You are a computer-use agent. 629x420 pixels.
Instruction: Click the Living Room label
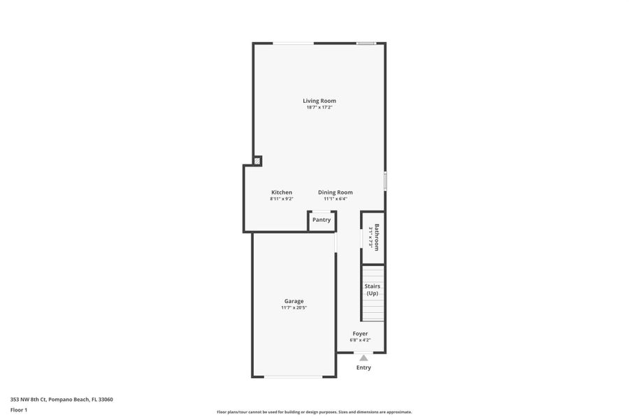[319, 101]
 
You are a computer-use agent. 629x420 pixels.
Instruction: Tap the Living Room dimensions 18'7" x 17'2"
[319, 108]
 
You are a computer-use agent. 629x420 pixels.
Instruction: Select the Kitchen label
[282, 192]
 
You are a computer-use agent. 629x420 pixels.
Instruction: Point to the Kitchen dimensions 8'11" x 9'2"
[282, 199]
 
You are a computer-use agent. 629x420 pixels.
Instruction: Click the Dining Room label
[335, 192]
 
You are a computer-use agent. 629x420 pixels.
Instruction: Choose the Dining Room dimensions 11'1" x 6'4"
[335, 199]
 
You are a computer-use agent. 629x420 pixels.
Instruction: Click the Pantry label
[321, 220]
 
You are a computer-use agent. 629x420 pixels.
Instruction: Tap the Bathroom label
[377, 237]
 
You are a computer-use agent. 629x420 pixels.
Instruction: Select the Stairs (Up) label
[373, 290]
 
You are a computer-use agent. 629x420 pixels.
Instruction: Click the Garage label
[294, 301]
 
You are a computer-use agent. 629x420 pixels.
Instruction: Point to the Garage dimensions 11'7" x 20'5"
[294, 308]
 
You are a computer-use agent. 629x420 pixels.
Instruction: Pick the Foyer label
[360, 334]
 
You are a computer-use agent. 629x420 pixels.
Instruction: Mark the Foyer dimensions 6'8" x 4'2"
[360, 340]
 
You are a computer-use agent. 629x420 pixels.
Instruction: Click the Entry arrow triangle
[363, 358]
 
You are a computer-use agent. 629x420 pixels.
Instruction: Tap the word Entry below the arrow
[363, 367]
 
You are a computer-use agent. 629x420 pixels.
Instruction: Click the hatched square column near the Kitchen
[257, 161]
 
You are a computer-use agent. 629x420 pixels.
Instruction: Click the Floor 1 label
[18, 409]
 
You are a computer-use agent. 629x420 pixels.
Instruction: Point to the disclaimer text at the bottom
[314, 412]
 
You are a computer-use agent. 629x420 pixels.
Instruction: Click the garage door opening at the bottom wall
[294, 377]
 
